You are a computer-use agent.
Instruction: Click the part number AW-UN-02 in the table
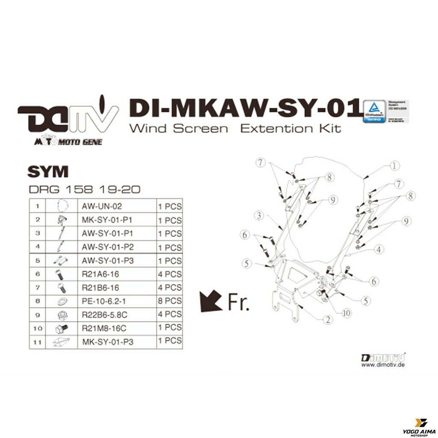[101, 206]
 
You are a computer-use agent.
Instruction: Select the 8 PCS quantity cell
[170, 301]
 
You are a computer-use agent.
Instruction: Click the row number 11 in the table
[38, 342]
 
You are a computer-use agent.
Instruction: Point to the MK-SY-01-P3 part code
[107, 342]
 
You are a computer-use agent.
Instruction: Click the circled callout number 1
[394, 165]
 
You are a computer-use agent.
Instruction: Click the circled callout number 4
[378, 249]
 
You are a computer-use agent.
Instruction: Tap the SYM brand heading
[48, 172]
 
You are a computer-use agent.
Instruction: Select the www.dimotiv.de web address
[383, 365]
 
